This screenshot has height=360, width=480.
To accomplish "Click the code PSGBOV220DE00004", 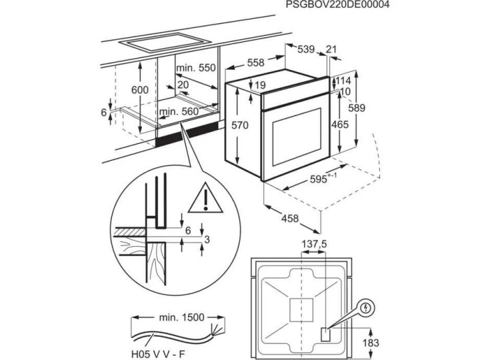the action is pos(337,5).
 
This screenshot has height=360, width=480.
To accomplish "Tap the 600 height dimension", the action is pos(139,90).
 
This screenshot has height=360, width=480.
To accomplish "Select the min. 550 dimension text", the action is pos(196,67).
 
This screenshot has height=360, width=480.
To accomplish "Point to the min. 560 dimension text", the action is pos(179,111).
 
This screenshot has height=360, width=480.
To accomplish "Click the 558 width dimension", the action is pos(255,63).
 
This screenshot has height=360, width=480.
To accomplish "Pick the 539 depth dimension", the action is pos(306,49).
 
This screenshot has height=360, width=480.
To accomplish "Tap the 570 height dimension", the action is pos(240,125).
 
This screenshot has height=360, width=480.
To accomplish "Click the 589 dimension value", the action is pos(357,108).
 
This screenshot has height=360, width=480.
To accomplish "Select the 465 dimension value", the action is pos(340,125).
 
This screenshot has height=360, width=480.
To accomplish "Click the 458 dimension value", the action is pos(290,218).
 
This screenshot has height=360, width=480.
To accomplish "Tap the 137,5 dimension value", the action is pos(315,244).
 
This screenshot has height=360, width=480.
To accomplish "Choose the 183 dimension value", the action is pos(371,343).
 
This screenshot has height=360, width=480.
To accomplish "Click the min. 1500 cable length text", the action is pos(181,317).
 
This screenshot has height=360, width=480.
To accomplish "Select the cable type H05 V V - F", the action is pos(158,354).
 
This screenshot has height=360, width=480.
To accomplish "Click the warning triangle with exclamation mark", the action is pos(205,197).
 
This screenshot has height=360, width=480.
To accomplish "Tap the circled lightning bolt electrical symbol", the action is pos(366,307).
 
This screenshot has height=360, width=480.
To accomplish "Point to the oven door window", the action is pos(297,137).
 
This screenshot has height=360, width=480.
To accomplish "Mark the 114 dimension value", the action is pos(343,81).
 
